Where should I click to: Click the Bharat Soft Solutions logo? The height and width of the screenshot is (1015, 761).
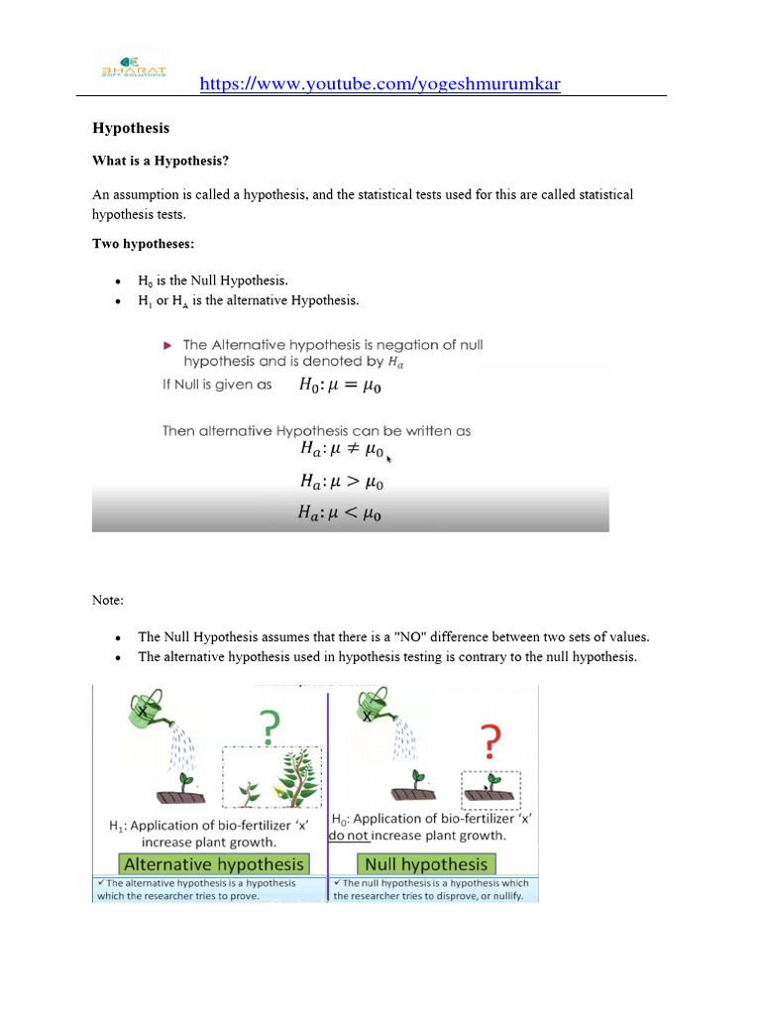(135, 65)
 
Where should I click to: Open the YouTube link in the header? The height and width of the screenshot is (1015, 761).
(380, 84)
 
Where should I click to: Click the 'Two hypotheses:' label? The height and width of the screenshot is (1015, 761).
(142, 243)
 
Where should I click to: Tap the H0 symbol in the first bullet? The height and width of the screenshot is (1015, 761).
(145, 282)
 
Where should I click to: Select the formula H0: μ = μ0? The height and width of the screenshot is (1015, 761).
(340, 386)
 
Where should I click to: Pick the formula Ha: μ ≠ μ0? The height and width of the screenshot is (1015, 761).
(341, 450)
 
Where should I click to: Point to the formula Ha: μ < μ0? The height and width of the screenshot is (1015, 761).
(341, 512)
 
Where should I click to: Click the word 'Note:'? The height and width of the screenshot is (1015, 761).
(108, 600)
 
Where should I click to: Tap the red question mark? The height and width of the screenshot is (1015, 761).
(489, 739)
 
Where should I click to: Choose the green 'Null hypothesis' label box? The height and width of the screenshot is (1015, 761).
(427, 863)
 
